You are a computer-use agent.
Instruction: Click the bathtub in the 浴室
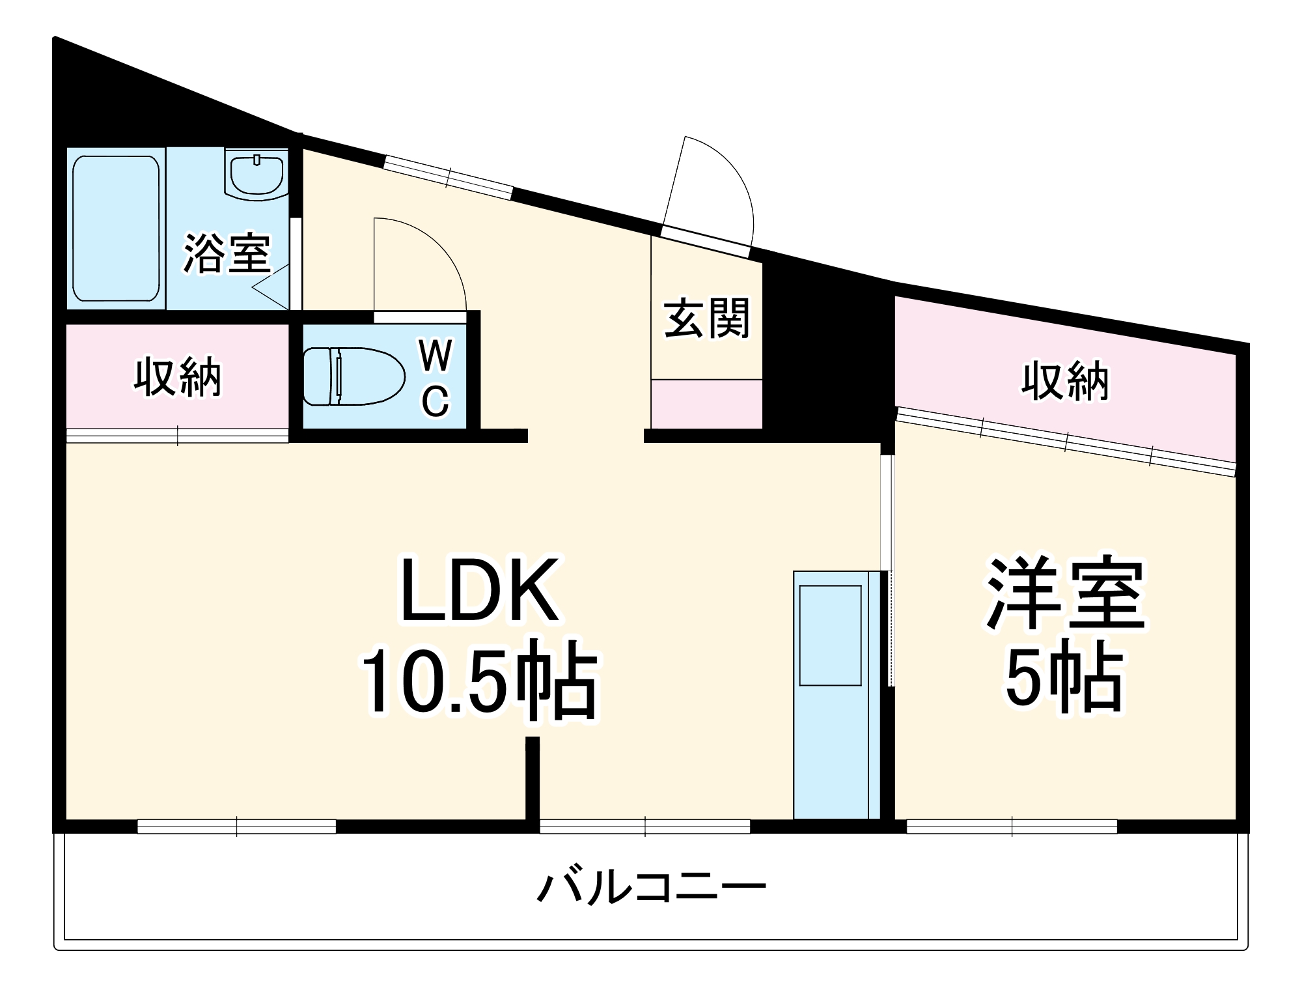[116, 228]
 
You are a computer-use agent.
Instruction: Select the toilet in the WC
[352, 376]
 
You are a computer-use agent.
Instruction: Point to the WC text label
[435, 378]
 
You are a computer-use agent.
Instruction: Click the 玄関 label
[707, 319]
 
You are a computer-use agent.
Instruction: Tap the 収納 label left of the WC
[178, 376]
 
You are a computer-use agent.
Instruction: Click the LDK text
[480, 590]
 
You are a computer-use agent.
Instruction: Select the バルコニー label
[651, 888]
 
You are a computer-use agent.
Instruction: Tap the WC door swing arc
[420, 264]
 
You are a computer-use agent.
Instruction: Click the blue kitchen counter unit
[832, 694]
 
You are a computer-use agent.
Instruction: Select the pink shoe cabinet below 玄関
[707, 404]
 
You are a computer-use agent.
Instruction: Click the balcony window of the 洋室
[1012, 827]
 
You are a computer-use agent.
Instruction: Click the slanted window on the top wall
[449, 176]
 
